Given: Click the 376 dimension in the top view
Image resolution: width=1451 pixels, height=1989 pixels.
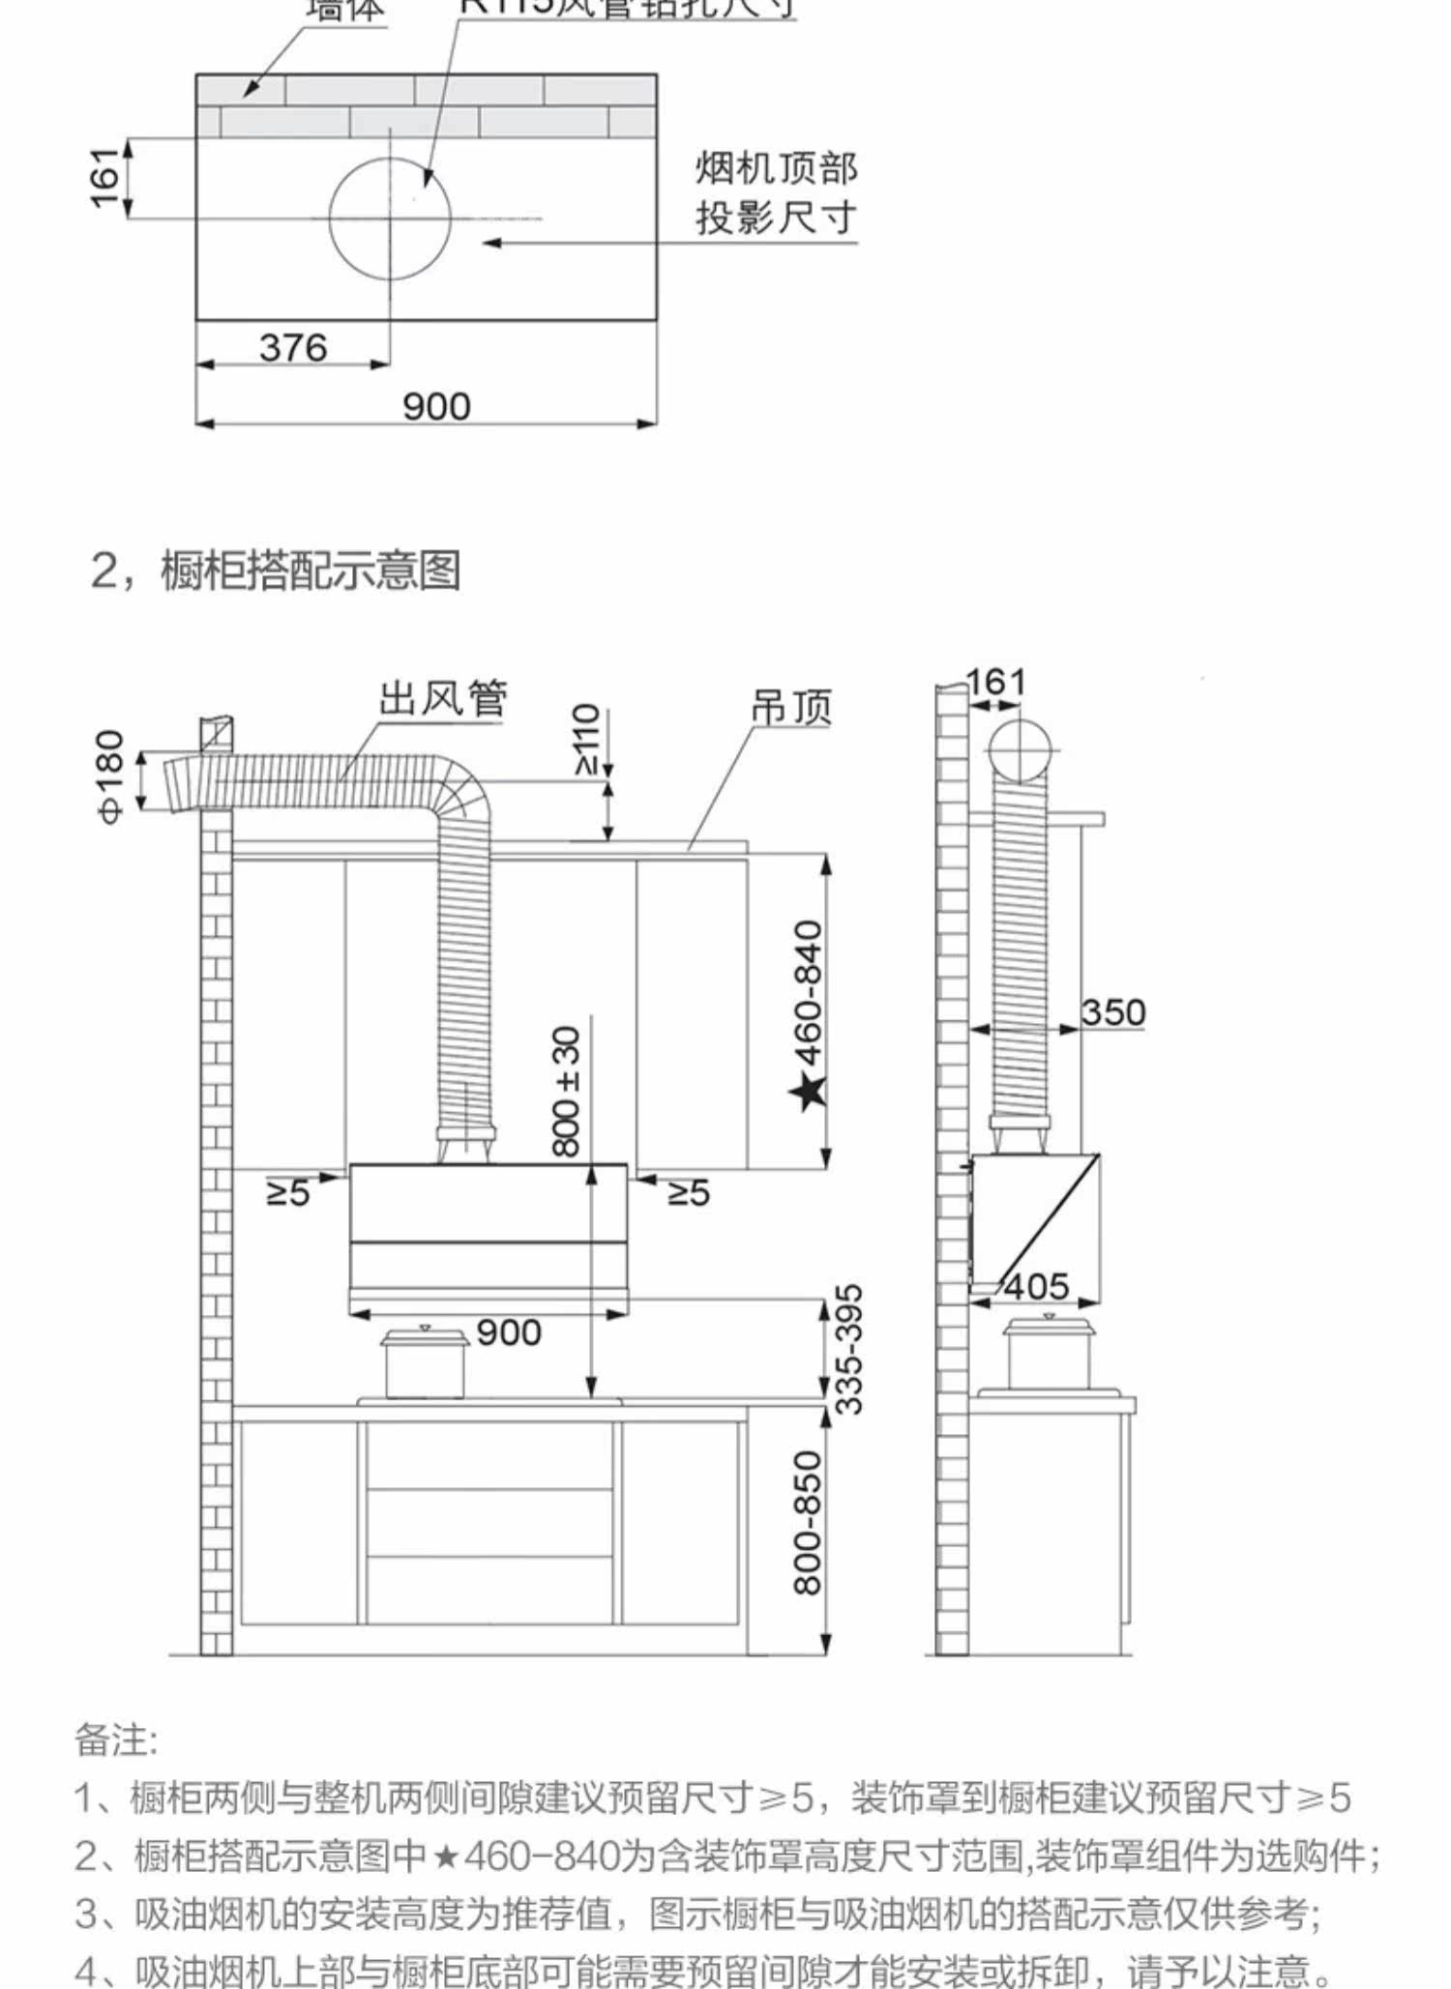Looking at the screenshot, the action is tap(293, 348).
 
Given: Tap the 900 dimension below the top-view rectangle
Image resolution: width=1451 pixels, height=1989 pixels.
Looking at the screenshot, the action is tap(436, 407).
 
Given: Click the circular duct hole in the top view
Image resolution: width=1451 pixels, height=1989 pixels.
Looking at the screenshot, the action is tap(390, 219).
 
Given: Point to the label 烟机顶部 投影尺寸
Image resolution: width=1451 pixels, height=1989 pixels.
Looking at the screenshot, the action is tap(776, 193).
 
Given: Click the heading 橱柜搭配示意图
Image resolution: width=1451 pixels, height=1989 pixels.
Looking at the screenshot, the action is tap(310, 570).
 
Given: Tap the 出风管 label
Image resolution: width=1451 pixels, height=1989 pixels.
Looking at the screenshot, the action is tap(442, 698).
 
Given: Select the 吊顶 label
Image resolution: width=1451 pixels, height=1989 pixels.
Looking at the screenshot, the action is tap(791, 707).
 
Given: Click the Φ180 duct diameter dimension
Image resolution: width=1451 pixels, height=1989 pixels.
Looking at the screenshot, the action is tap(110, 776).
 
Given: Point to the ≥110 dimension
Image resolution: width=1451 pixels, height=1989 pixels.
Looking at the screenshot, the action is tap(586, 739).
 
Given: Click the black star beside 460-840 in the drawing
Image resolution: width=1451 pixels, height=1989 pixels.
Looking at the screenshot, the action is tap(808, 1091).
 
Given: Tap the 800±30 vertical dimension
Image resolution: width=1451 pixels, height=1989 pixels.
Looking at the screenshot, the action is tap(567, 1092).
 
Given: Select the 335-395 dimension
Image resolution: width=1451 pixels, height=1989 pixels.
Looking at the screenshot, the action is tap(848, 1349).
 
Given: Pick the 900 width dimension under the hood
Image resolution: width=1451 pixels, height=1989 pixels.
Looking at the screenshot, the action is tap(509, 1333).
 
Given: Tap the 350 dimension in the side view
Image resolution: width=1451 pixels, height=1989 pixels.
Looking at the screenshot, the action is tap(1112, 1012).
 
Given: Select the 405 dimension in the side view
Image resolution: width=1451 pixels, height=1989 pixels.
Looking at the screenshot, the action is tap(1037, 1287).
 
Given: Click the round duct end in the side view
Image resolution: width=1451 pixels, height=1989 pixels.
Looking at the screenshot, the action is tap(1020, 751).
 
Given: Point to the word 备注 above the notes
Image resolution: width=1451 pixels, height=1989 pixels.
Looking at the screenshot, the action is tap(115, 1740).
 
